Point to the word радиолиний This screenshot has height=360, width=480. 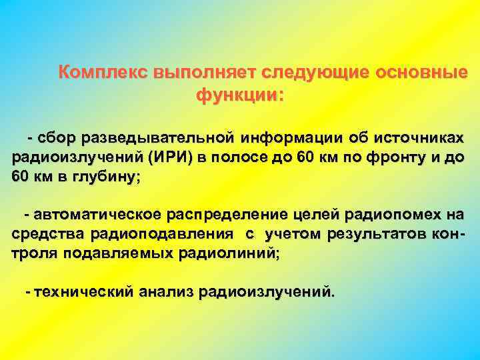coord(235,254)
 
